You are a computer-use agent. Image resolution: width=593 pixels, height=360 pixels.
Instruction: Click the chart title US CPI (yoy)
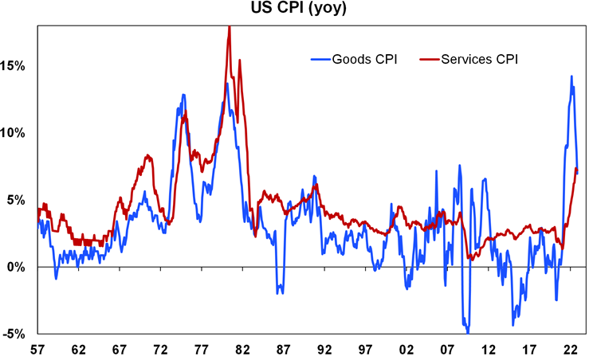296,10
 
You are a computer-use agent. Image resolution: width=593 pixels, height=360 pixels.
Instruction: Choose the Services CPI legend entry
468,59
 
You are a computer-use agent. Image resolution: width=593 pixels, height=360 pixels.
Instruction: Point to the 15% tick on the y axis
14,65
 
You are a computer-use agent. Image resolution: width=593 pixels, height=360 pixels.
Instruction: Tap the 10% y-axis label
14,132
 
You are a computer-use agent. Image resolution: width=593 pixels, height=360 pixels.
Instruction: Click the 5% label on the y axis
18,200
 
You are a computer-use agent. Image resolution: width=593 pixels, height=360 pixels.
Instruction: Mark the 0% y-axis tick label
18,267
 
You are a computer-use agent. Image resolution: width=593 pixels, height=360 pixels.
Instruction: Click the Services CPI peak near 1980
230,27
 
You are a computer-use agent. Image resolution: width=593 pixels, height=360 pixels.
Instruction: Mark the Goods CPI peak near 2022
571,76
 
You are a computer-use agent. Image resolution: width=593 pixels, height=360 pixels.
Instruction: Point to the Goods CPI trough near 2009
468,332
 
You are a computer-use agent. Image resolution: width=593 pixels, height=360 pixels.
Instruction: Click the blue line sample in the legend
321,59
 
